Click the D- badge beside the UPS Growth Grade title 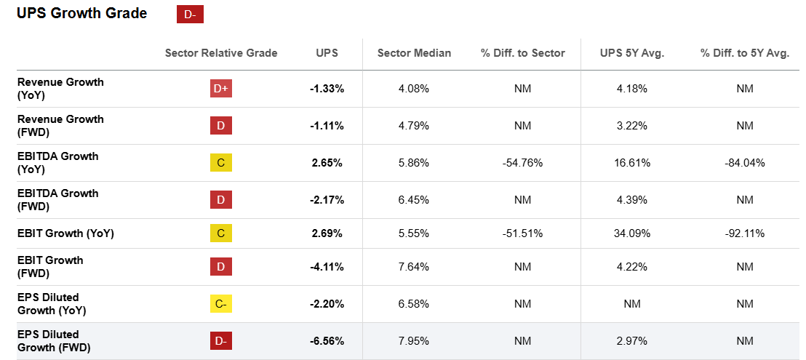pos(190,14)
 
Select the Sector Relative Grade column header pos(221,52)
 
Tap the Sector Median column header pos(414,52)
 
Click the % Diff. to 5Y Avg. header pos(744,52)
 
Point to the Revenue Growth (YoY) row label pos(60,88)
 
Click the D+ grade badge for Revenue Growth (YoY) pos(221,89)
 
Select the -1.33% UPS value pos(327,89)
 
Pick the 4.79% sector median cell pos(414,126)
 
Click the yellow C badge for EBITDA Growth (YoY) pos(221,163)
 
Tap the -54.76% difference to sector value pos(522,163)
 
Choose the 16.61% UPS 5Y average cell pos(632,163)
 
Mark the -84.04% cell pos(744,163)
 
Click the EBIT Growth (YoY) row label pos(65,233)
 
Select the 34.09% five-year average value pos(632,233)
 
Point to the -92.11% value pos(744,233)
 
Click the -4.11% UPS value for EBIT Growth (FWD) pos(327,267)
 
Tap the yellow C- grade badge pos(221,304)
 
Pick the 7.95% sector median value pos(414,340)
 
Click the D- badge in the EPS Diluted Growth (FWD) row pos(221,340)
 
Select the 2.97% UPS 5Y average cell pos(632,340)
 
